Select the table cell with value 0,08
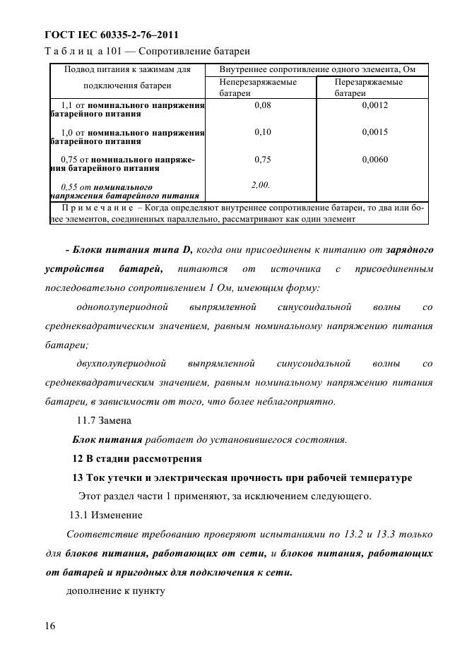point(262,105)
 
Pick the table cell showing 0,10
point(262,132)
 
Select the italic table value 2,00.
point(261,184)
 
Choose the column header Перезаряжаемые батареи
point(368,88)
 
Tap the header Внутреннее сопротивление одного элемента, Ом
point(317,69)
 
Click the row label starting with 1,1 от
point(128,109)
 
